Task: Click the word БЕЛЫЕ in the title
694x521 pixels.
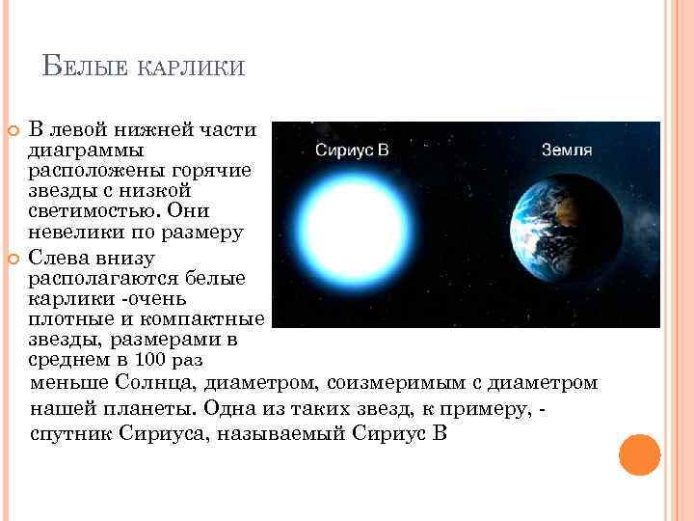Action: pyautogui.click(x=84, y=68)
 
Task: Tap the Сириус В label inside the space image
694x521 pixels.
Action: pyautogui.click(x=352, y=151)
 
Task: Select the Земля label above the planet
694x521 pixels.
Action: pyautogui.click(x=567, y=151)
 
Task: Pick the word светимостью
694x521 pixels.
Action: pyautogui.click(x=91, y=212)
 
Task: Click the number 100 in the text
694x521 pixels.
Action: pyautogui.click(x=148, y=362)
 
